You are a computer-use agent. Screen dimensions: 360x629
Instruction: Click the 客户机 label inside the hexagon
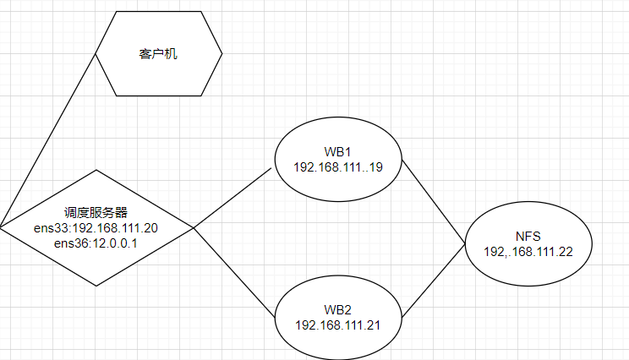(x=158, y=54)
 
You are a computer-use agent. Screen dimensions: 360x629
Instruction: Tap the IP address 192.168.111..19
(x=338, y=167)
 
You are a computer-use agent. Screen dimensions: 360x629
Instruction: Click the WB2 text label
(x=338, y=310)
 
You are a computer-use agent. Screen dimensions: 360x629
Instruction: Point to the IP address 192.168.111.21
(x=338, y=325)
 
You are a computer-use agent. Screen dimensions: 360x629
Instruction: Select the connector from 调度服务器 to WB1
(x=232, y=199)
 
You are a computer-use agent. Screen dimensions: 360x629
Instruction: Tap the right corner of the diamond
(x=194, y=228)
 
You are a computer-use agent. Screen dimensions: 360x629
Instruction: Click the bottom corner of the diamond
(x=96, y=286)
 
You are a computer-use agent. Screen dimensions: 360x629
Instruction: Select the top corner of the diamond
(x=96, y=170)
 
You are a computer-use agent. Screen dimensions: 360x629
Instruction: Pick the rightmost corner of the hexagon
(x=222, y=54)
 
